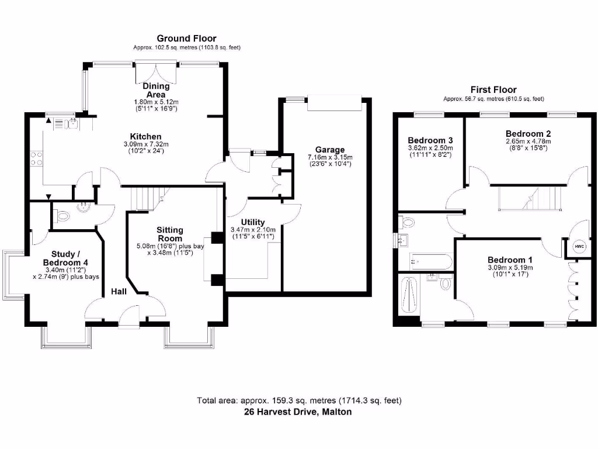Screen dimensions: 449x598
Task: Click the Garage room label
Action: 331,150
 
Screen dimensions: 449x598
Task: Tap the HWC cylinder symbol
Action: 579,246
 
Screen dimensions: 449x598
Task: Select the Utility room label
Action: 253,222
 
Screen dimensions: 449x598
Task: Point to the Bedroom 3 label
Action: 430,140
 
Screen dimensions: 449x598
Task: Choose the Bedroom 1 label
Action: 511,260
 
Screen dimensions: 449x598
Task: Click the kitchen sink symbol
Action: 72,123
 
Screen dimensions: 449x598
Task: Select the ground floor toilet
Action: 61,216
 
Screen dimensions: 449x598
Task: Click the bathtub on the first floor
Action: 430,261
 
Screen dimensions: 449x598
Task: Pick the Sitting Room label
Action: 170,234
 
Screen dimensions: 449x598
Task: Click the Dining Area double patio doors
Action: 156,74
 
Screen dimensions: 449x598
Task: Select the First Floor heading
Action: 493,89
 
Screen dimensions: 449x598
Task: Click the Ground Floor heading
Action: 186,39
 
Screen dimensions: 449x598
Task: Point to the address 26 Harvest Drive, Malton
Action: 298,412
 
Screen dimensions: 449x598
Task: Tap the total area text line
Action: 298,400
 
